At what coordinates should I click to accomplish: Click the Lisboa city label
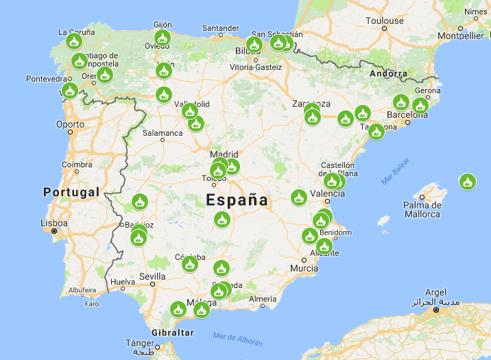click(x=53, y=224)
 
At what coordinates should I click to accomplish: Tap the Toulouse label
click(x=384, y=21)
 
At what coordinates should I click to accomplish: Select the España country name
click(x=237, y=200)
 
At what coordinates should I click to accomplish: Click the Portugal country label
click(x=71, y=192)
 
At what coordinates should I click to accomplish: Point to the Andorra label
click(x=388, y=73)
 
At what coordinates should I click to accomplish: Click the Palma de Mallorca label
click(x=422, y=209)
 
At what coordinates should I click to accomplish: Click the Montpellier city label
click(x=460, y=36)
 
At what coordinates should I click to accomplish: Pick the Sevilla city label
click(x=152, y=276)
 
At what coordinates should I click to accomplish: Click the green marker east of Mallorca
click(x=468, y=182)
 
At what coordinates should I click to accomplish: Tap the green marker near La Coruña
click(x=74, y=41)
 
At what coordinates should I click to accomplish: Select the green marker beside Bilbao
click(x=254, y=45)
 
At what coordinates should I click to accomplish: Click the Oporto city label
click(x=71, y=125)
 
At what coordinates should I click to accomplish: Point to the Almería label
click(x=263, y=300)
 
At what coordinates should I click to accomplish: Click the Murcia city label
click(x=303, y=268)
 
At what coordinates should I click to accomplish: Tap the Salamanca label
click(x=163, y=133)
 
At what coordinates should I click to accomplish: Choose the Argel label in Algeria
click(x=435, y=292)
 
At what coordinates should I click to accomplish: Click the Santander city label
click(x=220, y=28)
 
